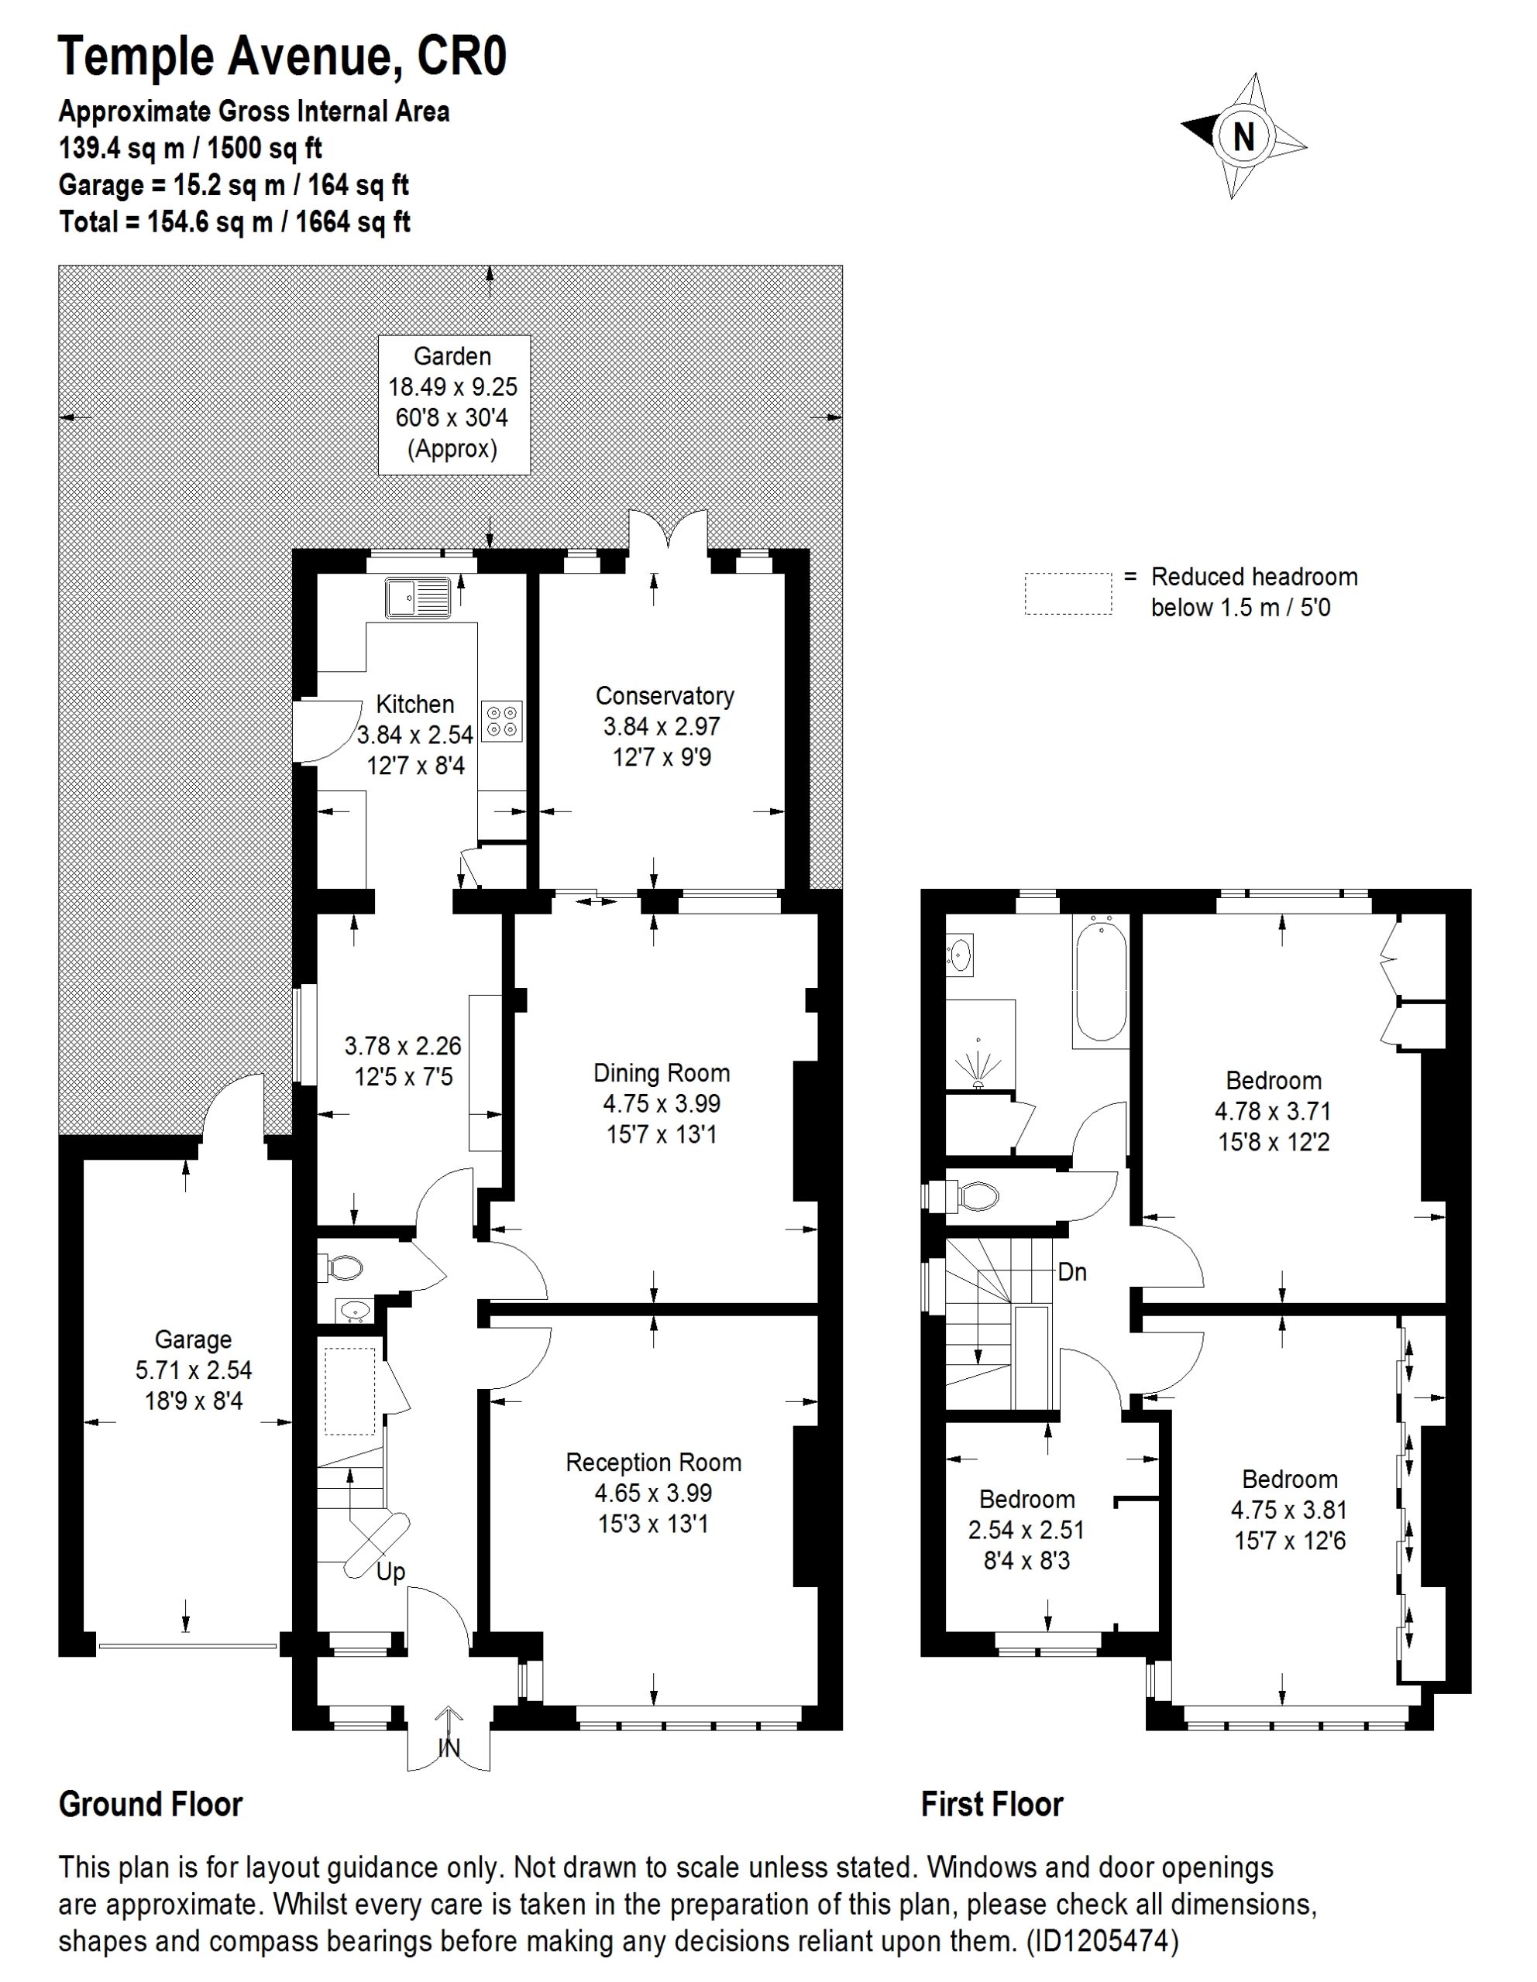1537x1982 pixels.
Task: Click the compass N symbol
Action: pyautogui.click(x=1243, y=136)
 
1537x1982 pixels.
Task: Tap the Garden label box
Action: pyautogui.click(x=453, y=404)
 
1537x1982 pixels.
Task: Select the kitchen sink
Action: pyautogui.click(x=418, y=597)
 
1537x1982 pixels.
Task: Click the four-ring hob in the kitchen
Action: pyautogui.click(x=501, y=721)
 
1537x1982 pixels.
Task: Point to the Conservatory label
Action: pyautogui.click(x=665, y=696)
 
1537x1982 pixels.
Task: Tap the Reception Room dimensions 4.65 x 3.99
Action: pyautogui.click(x=653, y=1493)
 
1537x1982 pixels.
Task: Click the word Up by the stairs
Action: pyautogui.click(x=390, y=1572)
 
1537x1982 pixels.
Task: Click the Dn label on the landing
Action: pyautogui.click(x=1072, y=1272)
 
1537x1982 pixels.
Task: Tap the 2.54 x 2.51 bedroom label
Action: pyautogui.click(x=1026, y=1530)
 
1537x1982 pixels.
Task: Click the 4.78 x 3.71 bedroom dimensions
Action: pyautogui.click(x=1273, y=1111)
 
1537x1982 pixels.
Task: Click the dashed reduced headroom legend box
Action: pyautogui.click(x=1068, y=594)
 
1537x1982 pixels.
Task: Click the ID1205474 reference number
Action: pyautogui.click(x=1102, y=1941)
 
